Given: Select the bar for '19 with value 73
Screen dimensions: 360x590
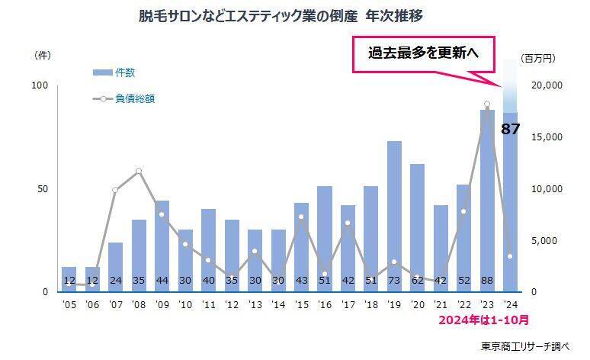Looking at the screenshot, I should click(394, 214).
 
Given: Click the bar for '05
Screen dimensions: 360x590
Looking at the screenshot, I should click(69, 279).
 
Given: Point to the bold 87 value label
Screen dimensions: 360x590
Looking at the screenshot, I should click(510, 129).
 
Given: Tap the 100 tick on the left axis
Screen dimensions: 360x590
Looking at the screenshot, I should click(39, 85).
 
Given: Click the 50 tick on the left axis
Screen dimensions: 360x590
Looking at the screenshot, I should click(42, 188).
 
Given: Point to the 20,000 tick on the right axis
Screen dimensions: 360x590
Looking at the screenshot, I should click(545, 85).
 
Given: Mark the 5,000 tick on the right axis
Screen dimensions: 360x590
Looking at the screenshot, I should click(548, 240).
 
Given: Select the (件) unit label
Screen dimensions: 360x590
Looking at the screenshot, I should click(43, 56).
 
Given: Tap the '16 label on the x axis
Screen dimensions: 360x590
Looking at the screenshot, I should click(324, 305).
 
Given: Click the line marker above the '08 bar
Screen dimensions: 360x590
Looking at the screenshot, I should click(139, 171).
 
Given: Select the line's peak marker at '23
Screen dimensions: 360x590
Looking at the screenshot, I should click(487, 104).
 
